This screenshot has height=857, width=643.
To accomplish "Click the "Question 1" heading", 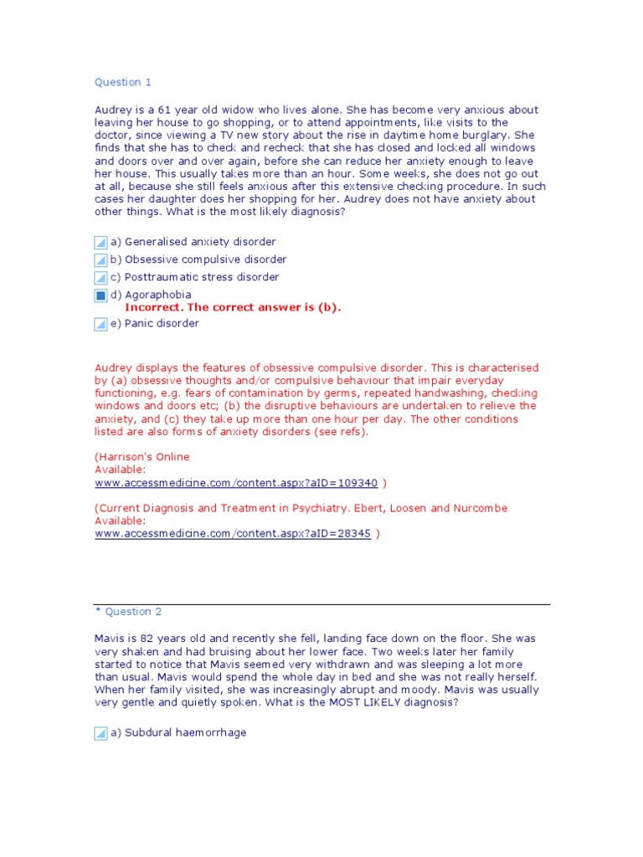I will pos(123,82).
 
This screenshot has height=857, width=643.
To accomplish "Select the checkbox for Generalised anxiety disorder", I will pos(100,243).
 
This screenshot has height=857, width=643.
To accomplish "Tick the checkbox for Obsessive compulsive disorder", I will pos(100,260).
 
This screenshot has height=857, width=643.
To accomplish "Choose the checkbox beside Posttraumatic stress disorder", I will pos(100,278).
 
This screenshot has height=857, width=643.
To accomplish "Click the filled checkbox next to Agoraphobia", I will pos(100,295).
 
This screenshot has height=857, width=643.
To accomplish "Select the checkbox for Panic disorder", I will pos(100,324).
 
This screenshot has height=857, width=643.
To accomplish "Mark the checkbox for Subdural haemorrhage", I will pos(100,733).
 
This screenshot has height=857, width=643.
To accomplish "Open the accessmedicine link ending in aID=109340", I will pos(236,483).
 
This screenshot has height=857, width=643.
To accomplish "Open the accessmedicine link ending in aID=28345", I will pos(233,534).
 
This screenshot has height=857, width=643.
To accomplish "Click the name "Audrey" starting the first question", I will pos(113,110).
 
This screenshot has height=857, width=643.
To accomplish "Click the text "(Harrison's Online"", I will pos(142,457).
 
